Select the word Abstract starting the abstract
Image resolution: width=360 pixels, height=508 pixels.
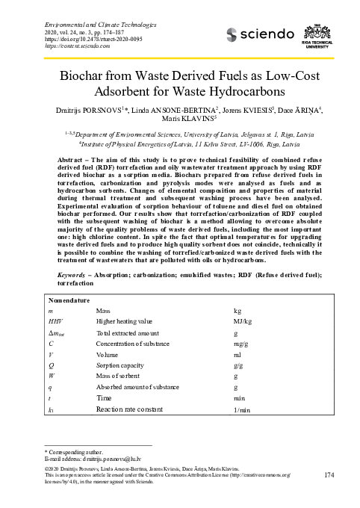[x=72, y=161]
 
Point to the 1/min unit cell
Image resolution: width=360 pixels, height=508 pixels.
[x=241, y=410]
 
